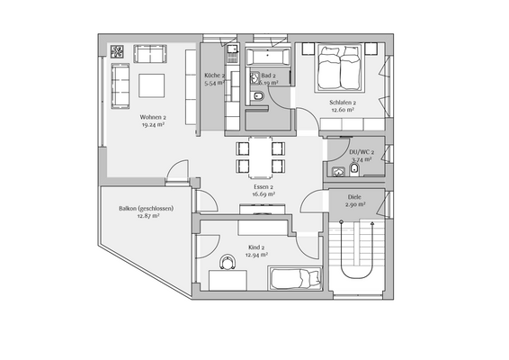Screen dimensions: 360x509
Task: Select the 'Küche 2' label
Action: pos(214,76)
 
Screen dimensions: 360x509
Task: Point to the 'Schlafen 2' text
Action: pos(343,103)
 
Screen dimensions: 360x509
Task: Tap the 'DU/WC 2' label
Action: pos(362,153)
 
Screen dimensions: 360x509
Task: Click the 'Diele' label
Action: pos(354,196)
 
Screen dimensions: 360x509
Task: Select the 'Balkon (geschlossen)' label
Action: pos(145,209)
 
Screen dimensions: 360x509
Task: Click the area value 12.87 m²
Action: pos(145,217)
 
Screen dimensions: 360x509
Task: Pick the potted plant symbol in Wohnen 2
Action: pos(116,49)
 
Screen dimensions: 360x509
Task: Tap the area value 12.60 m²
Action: pos(343,112)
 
